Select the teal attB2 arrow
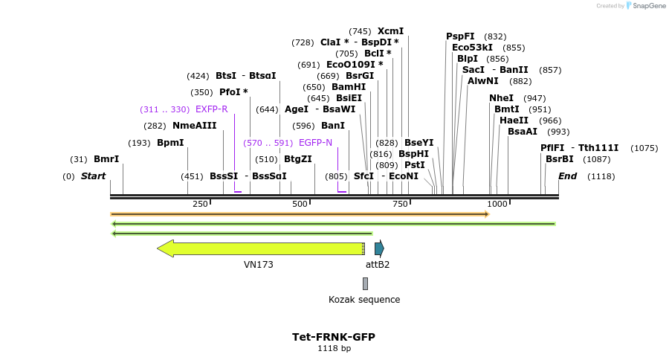pyautogui.click(x=379, y=248)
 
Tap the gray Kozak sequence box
pyautogui.click(x=365, y=283)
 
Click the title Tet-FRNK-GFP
pyautogui.click(x=334, y=337)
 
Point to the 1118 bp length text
pyautogui.click(x=334, y=348)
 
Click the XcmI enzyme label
pyautogui.click(x=390, y=31)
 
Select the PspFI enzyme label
pyautogui.click(x=460, y=36)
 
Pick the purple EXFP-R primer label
pyautogui.click(x=211, y=109)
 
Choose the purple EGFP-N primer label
pyautogui.click(x=315, y=142)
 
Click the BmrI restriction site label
pyautogui.click(x=106, y=159)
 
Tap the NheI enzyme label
pyautogui.click(x=501, y=98)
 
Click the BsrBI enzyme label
pyautogui.click(x=560, y=159)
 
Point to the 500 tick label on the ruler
pyautogui.click(x=300, y=204)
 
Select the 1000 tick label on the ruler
pyautogui.click(x=497, y=204)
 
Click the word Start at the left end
pyautogui.click(x=93, y=176)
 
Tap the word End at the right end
pyautogui.click(x=567, y=176)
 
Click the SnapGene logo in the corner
pyautogui.click(x=646, y=6)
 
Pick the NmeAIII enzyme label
pyautogui.click(x=194, y=126)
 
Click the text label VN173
pyautogui.click(x=259, y=264)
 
